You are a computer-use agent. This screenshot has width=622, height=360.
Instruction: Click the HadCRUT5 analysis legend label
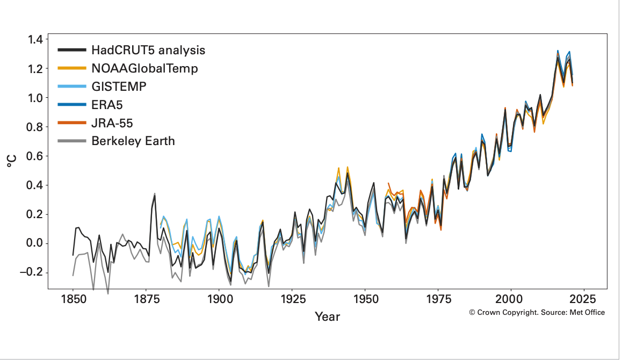coord(148,51)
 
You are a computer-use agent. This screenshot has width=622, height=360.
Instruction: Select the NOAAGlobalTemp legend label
coord(144,69)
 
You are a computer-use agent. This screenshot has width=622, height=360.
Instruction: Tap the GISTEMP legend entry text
coord(118,87)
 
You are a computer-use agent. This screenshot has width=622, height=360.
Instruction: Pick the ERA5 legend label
coord(107,105)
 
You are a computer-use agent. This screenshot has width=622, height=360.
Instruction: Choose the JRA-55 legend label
coord(112,123)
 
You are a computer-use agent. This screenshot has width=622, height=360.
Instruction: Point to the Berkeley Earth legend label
coord(133,141)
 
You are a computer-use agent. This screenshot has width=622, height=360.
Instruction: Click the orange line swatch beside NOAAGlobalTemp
coord(72,69)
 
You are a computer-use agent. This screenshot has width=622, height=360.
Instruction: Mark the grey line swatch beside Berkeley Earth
coord(72,141)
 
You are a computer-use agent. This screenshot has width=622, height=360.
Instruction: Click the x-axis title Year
coord(327,316)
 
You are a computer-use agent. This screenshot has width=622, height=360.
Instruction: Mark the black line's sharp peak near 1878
coord(155,195)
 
